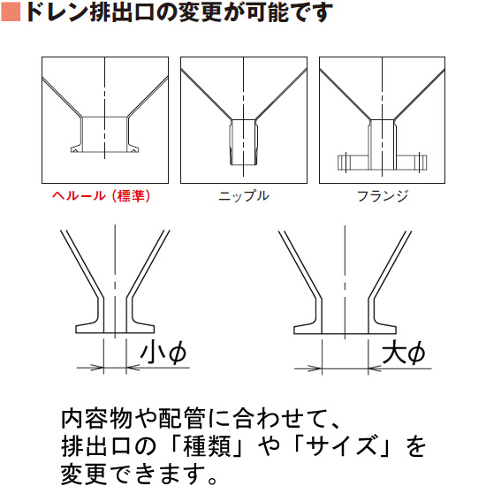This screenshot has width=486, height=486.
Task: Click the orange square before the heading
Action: pyautogui.click(x=11, y=14)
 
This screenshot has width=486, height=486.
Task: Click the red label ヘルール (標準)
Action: pyautogui.click(x=101, y=196)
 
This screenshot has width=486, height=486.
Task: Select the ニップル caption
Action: pyautogui.click(x=243, y=196)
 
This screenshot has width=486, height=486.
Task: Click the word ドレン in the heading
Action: pyautogui.click(x=57, y=14)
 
